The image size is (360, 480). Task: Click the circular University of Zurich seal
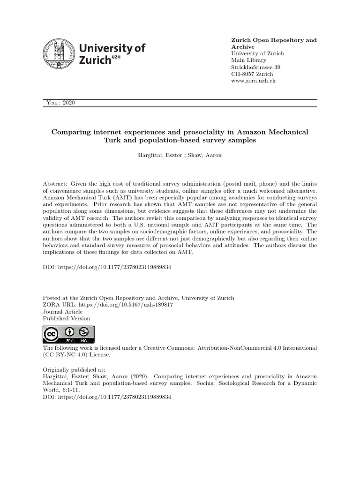pyautogui.click(x=59, y=54)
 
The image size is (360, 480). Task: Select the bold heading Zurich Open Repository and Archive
pyautogui.click(x=274, y=44)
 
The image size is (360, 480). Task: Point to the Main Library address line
pyautogui.click(x=249, y=60)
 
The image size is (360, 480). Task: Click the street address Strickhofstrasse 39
pyautogui.click(x=256, y=67)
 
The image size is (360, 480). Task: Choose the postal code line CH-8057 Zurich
pyautogui.click(x=252, y=74)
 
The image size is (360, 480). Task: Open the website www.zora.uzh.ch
pyautogui.click(x=254, y=81)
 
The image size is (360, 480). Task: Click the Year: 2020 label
pyautogui.click(x=61, y=103)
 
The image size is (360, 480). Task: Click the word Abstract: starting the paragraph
pyautogui.click(x=56, y=184)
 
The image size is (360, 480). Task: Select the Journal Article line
pyautogui.click(x=63, y=312)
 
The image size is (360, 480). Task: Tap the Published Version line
pyautogui.click(x=67, y=319)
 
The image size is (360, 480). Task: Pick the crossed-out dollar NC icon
pyautogui.click(x=83, y=331)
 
